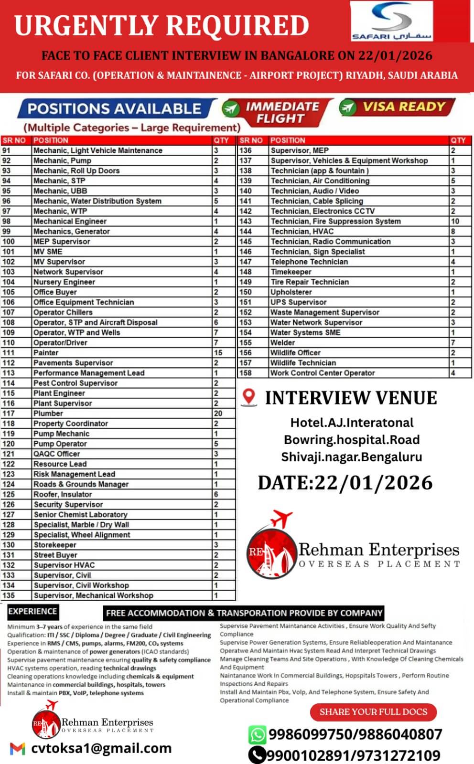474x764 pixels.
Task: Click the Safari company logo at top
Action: [391, 21]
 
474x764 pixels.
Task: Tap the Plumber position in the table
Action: [48, 413]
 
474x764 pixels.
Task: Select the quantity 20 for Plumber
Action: [218, 413]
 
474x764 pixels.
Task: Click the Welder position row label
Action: [283, 342]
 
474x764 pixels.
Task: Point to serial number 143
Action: [246, 221]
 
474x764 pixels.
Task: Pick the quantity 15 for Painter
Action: [218, 352]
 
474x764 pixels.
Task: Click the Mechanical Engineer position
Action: [70, 221]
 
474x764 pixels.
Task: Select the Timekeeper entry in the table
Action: [291, 272]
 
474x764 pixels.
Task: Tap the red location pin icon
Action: [248, 397]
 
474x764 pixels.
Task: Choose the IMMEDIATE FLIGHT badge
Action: [277, 112]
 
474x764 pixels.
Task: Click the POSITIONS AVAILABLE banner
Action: [115, 108]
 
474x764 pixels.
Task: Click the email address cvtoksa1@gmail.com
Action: [101, 748]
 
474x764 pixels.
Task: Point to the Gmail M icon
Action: [18, 748]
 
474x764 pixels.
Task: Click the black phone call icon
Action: [257, 755]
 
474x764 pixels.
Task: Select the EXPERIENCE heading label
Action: [32, 611]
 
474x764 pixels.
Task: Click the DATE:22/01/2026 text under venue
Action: [345, 482]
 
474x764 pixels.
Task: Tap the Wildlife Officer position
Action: [295, 352]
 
